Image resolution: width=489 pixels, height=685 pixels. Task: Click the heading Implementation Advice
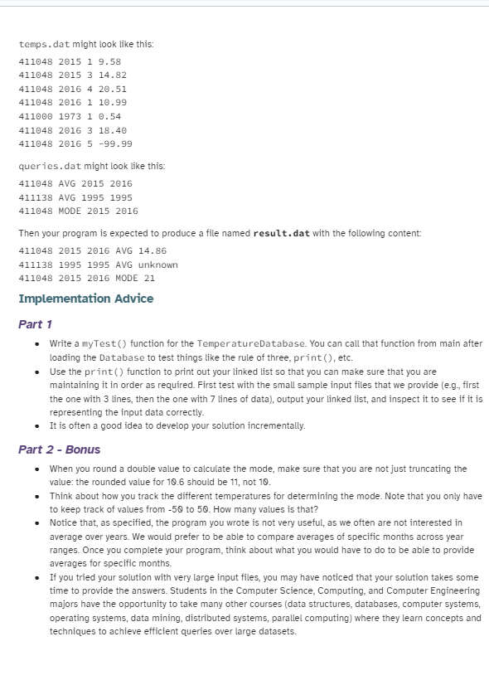point(85,299)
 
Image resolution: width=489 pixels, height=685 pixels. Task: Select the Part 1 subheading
point(36,324)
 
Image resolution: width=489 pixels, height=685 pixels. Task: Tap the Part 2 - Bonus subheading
point(59,449)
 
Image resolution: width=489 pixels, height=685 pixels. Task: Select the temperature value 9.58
point(111,61)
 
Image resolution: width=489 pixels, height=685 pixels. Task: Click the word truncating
point(428,469)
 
